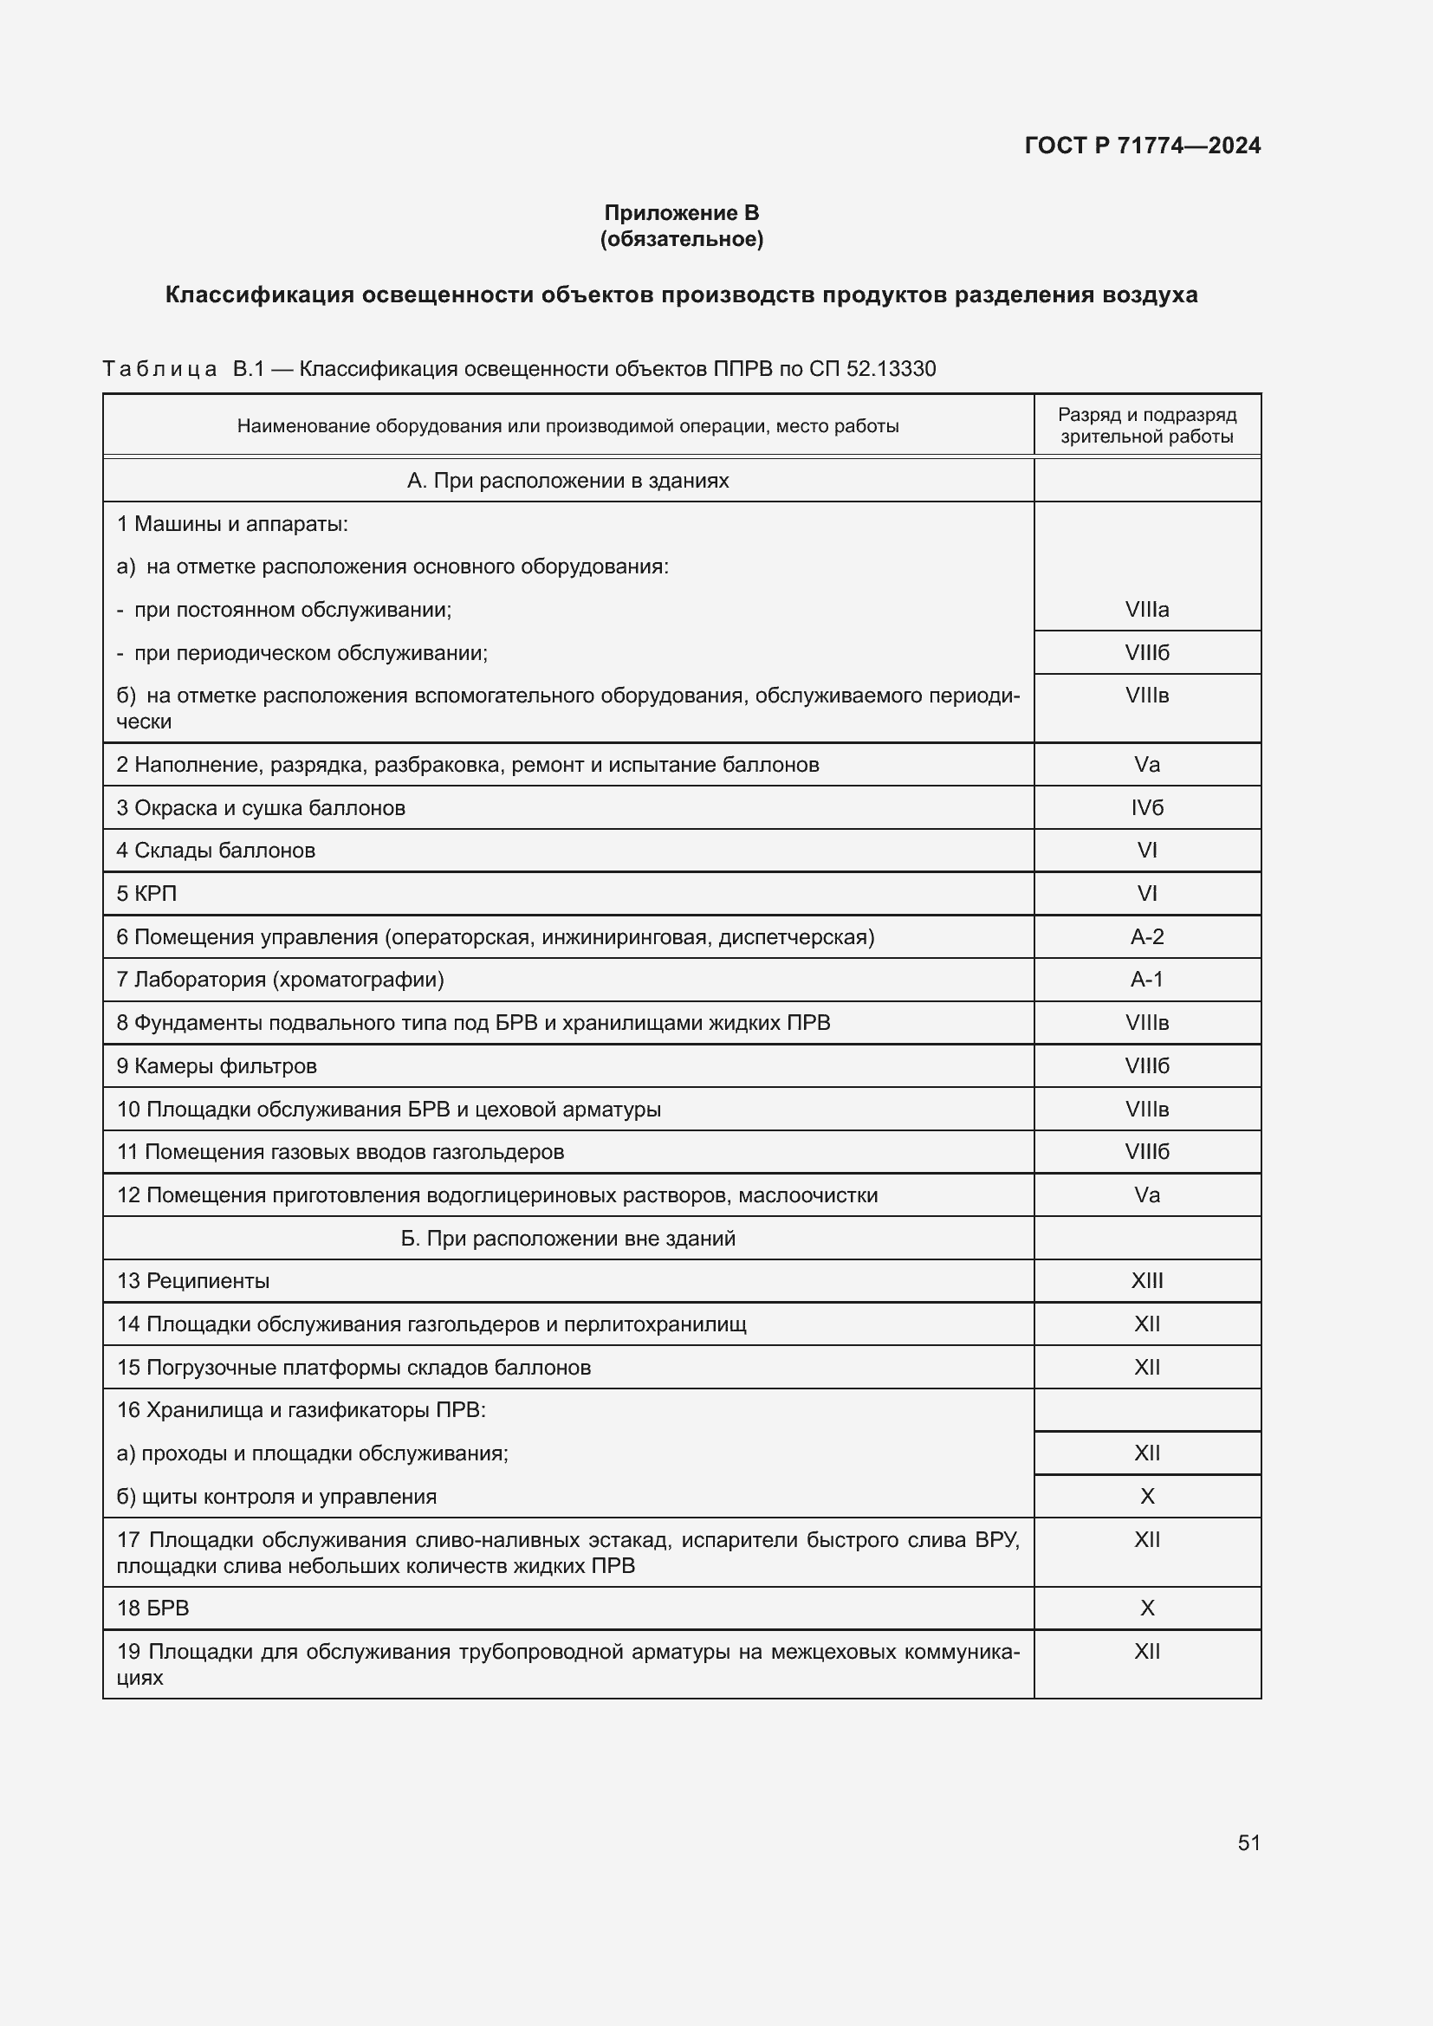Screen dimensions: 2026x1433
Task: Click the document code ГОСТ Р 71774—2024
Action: (1142, 146)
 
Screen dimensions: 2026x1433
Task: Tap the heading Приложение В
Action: (680, 213)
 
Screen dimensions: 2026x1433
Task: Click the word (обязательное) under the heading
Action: (680, 239)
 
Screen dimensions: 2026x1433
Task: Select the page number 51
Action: (1248, 1842)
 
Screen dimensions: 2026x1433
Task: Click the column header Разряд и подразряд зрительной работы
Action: (1146, 425)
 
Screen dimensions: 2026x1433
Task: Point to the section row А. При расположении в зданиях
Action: (567, 481)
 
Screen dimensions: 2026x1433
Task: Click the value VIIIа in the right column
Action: (1146, 610)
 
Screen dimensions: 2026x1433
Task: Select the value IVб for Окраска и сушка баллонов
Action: (1146, 808)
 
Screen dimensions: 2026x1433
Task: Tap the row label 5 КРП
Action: (146, 894)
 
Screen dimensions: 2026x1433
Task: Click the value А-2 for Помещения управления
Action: (1146, 937)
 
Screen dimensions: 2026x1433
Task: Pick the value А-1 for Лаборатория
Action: (1146, 980)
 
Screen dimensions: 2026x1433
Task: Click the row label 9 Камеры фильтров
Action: (217, 1066)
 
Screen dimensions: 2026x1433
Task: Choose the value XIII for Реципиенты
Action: (1146, 1280)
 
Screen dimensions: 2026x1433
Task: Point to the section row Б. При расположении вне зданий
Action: (567, 1238)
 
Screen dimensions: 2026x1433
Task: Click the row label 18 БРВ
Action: (152, 1608)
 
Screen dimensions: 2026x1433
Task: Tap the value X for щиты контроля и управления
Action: (1146, 1497)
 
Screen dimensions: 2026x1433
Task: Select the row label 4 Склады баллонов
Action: (216, 851)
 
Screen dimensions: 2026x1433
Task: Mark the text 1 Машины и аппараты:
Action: (232, 524)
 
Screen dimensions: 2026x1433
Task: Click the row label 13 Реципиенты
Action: (192, 1280)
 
